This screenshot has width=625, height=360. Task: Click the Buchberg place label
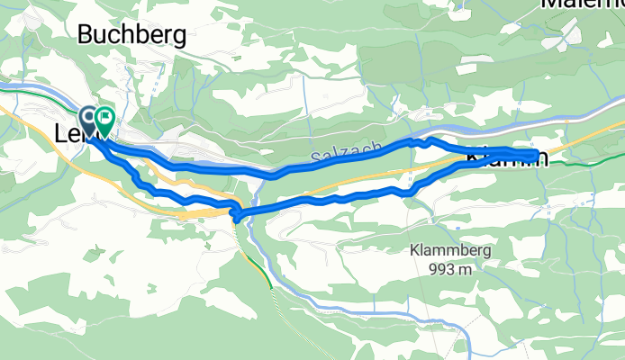pyautogui.click(x=131, y=35)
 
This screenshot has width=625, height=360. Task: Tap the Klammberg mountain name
pyautogui.click(x=448, y=251)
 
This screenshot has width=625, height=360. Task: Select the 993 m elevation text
pyautogui.click(x=448, y=268)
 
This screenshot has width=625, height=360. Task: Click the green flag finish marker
pyautogui.click(x=105, y=117)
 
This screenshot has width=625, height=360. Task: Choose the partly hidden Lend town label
pyautogui.click(x=72, y=132)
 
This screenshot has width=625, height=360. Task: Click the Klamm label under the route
pyautogui.click(x=504, y=158)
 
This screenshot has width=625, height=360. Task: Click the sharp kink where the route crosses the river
pyautogui.click(x=236, y=213)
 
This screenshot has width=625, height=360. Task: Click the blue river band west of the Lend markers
pyautogui.click(x=36, y=90)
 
